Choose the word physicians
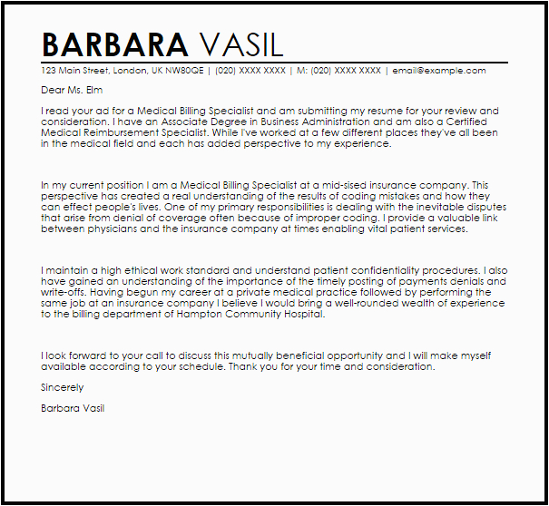click(112, 229)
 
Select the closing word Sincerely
click(63, 387)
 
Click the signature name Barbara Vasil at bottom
click(73, 409)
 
